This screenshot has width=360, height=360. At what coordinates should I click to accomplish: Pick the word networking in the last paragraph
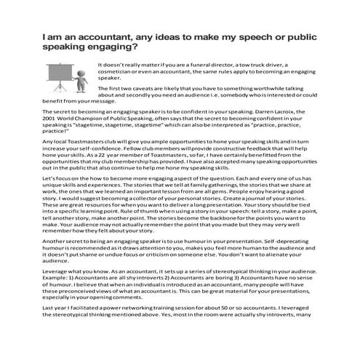pos(130,345)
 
